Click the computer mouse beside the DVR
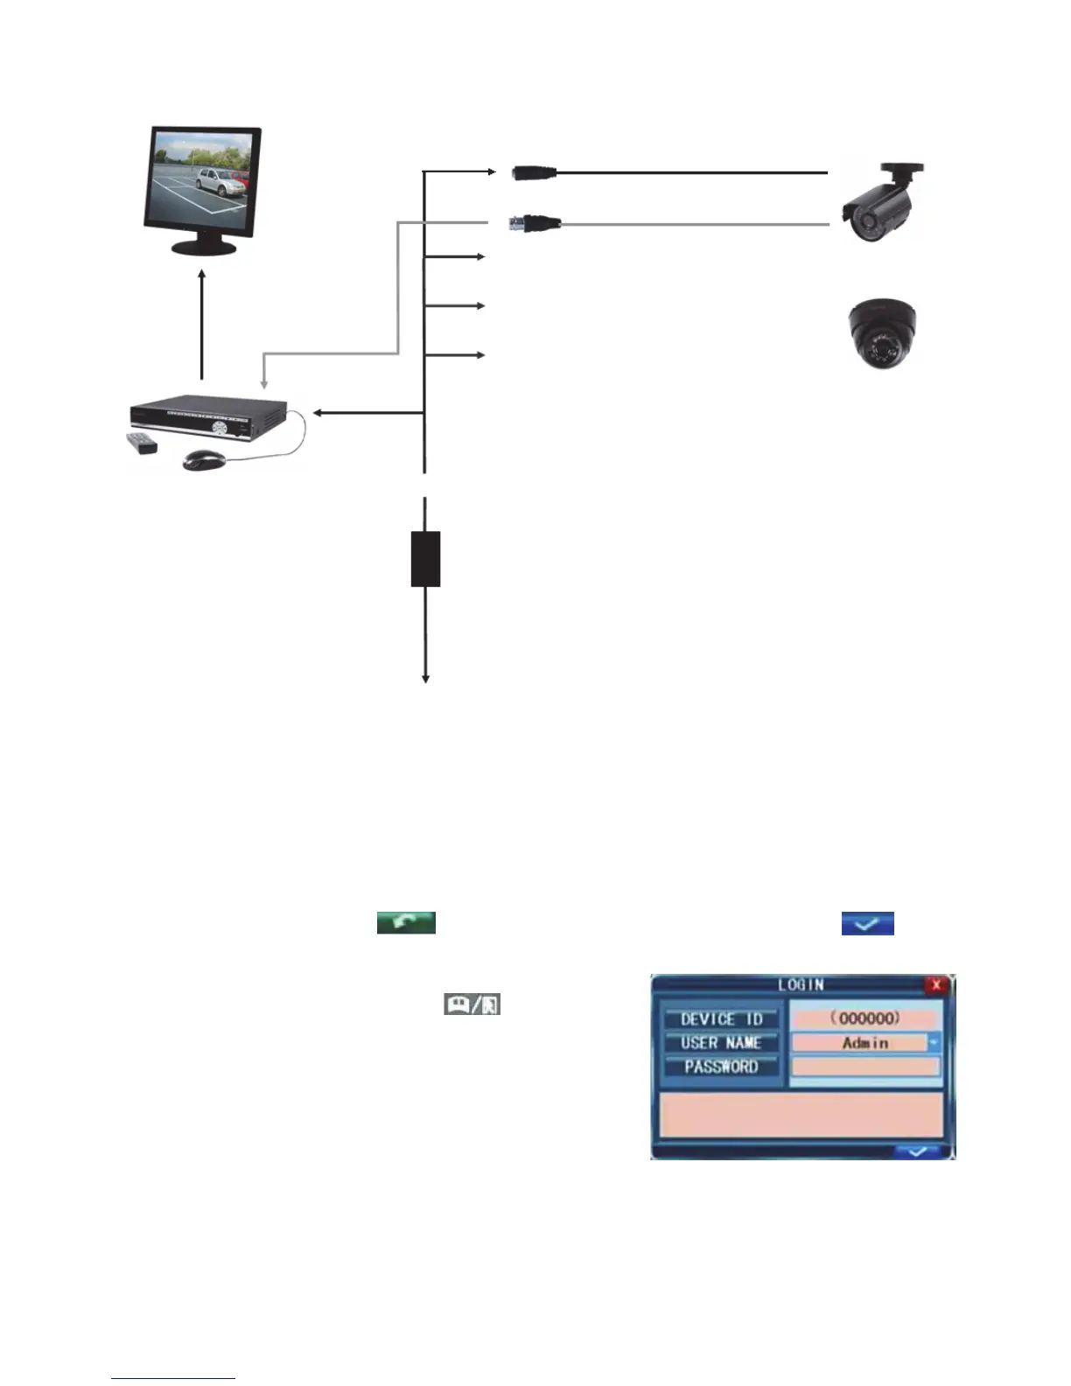205,459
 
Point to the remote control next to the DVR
142,443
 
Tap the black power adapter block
425,558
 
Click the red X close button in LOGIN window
936,984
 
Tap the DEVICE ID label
721,1018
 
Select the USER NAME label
721,1043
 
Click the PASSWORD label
721,1067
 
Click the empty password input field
865,1067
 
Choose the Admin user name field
860,1043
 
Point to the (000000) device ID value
865,1018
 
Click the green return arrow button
406,922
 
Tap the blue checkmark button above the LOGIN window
867,923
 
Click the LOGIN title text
801,984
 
